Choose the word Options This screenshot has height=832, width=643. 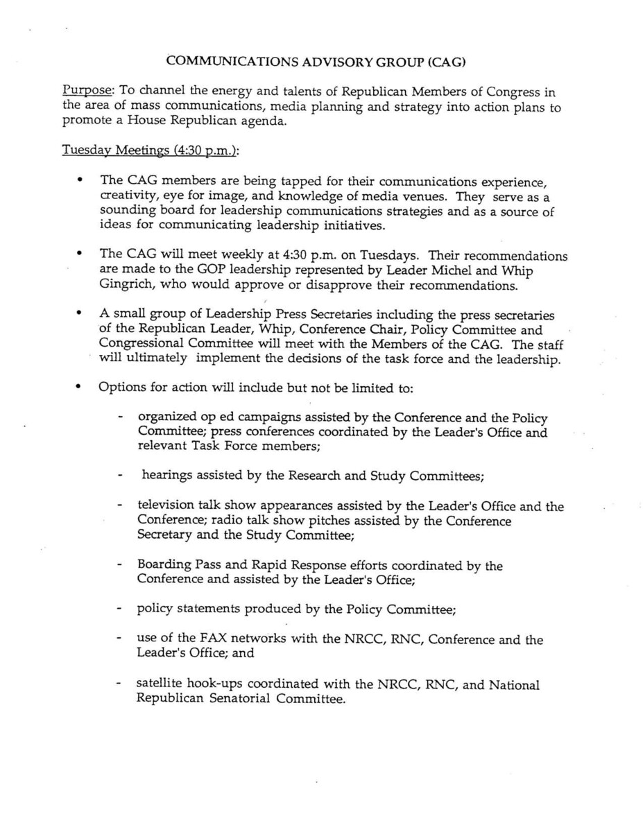click(x=121, y=388)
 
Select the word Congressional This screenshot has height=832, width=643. click(x=141, y=344)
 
